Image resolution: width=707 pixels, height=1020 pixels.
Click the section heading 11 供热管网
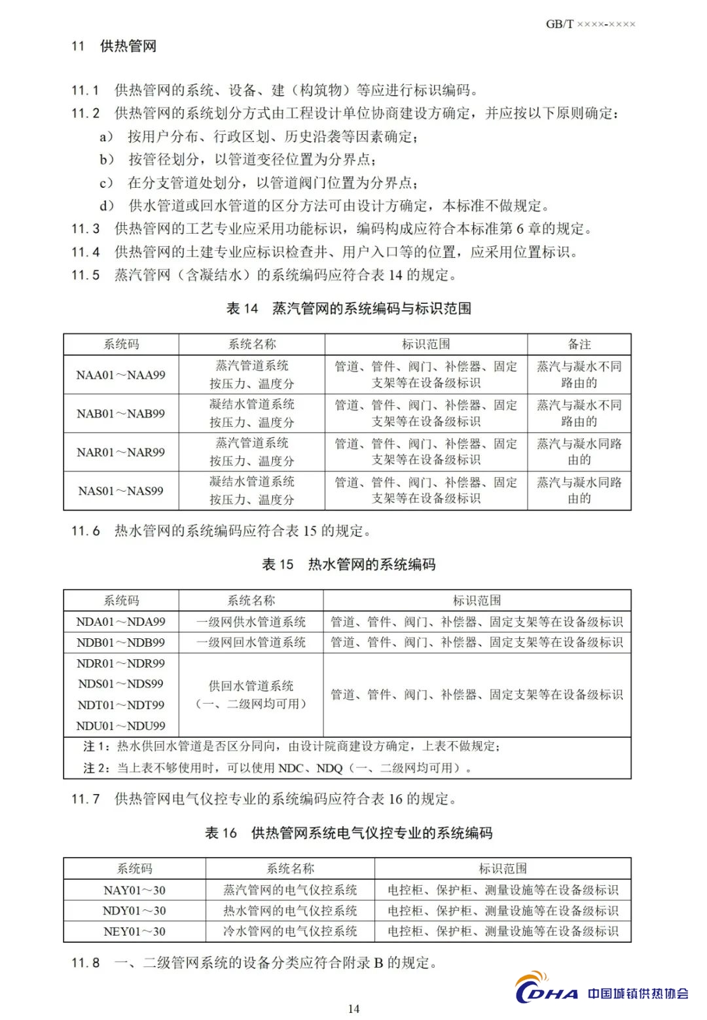[x=114, y=46]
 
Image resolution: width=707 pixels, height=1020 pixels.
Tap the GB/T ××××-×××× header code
[x=590, y=24]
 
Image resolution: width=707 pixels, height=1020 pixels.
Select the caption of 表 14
[x=348, y=308]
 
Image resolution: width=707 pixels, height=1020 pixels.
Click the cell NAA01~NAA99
[x=121, y=374]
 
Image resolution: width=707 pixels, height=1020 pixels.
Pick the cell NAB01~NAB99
[x=121, y=413]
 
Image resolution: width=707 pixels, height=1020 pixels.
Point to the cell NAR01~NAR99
[x=121, y=452]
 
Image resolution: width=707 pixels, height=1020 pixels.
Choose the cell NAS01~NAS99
[x=121, y=490]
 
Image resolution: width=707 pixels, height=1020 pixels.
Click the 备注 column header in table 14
[x=579, y=344]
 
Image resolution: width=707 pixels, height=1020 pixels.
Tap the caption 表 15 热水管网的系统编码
[x=348, y=564]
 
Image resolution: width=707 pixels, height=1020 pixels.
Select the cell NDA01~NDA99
[x=121, y=621]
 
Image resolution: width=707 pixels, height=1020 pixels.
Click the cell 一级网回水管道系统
[x=251, y=642]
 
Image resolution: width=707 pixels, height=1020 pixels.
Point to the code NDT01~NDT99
[x=121, y=704]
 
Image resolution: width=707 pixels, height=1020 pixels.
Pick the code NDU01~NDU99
[x=121, y=725]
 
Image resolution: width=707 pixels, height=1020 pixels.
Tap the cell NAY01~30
[x=134, y=890]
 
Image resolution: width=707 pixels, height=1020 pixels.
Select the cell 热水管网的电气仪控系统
[x=290, y=911]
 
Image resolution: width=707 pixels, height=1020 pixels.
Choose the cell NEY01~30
[x=134, y=931]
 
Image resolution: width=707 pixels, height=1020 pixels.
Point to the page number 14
[x=353, y=1008]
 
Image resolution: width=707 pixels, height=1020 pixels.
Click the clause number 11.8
[x=86, y=963]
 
